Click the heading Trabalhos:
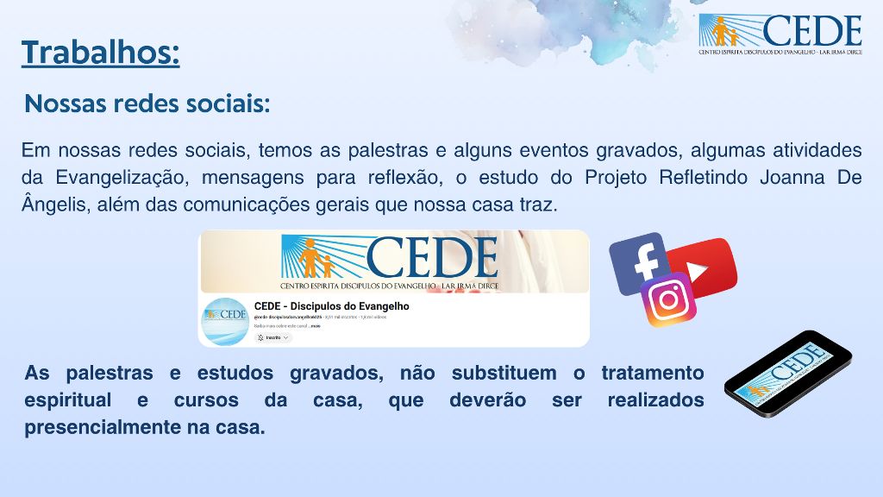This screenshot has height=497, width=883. point(101,53)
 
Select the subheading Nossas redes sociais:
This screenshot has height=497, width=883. point(147,104)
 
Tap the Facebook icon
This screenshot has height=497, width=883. point(637,262)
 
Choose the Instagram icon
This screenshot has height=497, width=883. point(668,300)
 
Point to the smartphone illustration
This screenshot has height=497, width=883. point(787,373)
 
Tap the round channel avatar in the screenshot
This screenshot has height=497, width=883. point(224,321)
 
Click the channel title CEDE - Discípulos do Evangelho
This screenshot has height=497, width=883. point(331,306)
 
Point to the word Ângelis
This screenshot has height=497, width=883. point(51,206)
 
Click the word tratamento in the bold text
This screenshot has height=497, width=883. point(652,374)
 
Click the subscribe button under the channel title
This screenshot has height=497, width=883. point(273,337)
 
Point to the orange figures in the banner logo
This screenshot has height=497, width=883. point(312,257)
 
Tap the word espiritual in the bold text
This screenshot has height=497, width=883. point(68,400)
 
